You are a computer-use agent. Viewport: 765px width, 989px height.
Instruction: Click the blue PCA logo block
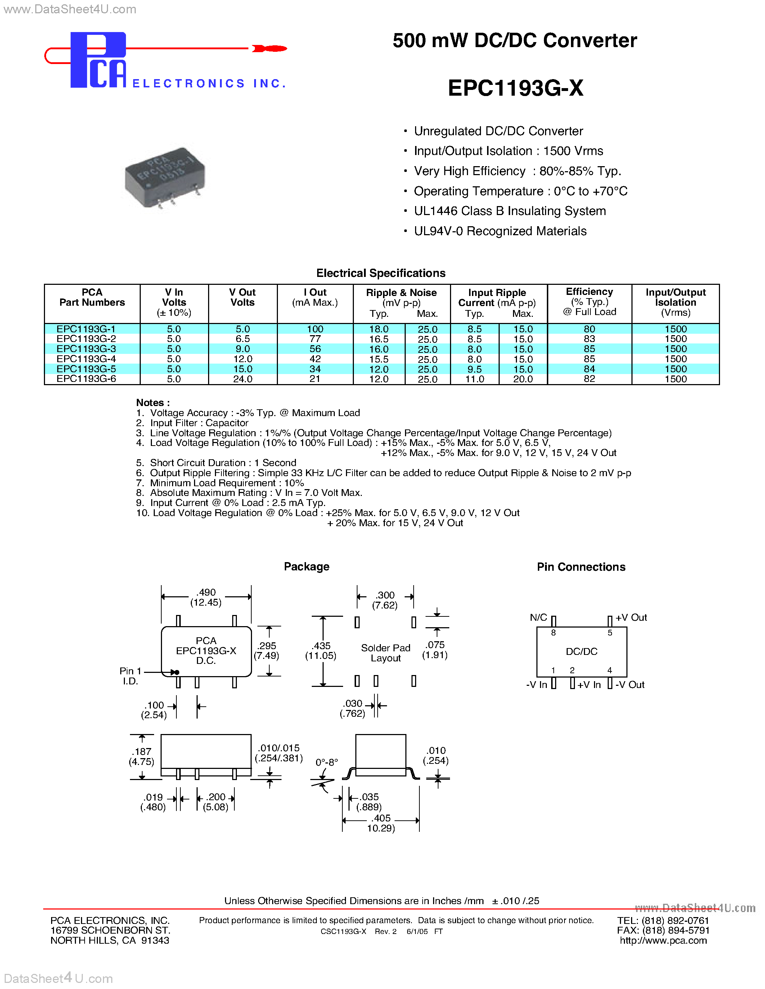(x=98, y=60)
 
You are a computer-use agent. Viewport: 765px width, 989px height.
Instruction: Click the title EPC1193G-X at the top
(x=515, y=88)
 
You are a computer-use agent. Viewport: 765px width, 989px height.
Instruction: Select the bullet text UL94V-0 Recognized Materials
(x=500, y=231)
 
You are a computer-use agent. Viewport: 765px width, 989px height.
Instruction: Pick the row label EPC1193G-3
(x=86, y=349)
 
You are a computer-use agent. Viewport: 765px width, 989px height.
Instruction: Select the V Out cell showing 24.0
(x=243, y=379)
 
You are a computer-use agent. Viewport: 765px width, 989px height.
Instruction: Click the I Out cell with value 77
(x=315, y=339)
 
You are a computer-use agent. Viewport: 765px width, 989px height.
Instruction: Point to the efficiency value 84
(x=589, y=369)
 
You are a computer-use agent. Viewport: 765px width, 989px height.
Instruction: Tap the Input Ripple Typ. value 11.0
(x=474, y=379)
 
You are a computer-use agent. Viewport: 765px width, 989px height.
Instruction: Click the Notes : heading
(x=153, y=402)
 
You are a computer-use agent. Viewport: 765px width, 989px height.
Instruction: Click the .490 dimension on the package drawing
(x=206, y=592)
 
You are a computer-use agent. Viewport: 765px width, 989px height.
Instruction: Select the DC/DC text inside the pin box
(x=581, y=652)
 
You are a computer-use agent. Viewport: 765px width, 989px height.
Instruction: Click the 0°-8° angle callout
(x=326, y=762)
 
